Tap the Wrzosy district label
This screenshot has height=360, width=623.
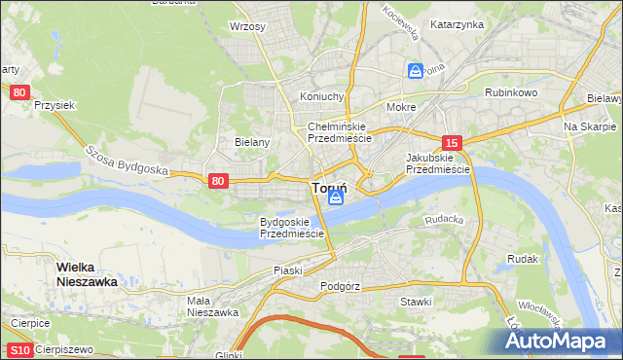pyautogui.click(x=247, y=26)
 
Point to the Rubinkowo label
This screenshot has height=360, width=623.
pyautogui.click(x=511, y=92)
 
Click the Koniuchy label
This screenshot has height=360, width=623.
pyautogui.click(x=322, y=96)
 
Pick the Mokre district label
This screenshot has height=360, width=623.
pyautogui.click(x=401, y=107)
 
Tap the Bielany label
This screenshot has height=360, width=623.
pyautogui.click(x=252, y=141)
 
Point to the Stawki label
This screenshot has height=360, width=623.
pyautogui.click(x=416, y=302)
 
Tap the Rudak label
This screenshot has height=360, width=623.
pyautogui.click(x=523, y=259)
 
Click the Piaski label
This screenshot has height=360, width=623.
pyautogui.click(x=289, y=270)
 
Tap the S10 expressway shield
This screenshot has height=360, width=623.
pyautogui.click(x=19, y=350)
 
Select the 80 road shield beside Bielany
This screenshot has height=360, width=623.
pyautogui.click(x=218, y=180)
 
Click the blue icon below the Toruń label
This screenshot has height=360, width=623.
pyautogui.click(x=336, y=199)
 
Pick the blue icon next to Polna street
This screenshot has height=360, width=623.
pyautogui.click(x=416, y=71)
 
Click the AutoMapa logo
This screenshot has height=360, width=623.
pyautogui.click(x=562, y=341)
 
